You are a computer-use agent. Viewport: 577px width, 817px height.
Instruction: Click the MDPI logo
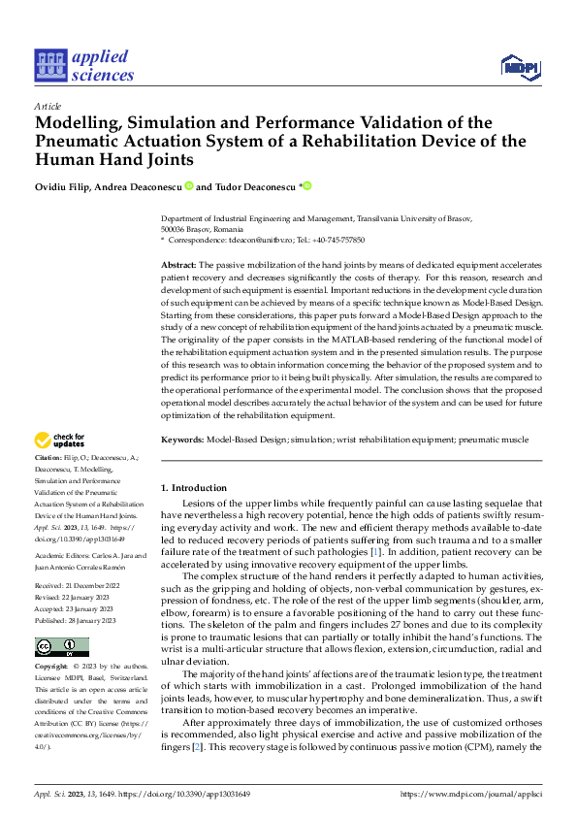[x=520, y=66]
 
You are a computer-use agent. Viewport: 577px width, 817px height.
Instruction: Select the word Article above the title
[x=48, y=106]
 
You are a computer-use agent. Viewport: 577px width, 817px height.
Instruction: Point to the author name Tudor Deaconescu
[x=241, y=187]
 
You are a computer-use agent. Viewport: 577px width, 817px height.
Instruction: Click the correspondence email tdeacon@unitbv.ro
[x=255, y=239]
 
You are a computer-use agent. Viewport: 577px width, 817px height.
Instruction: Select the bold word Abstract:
[x=178, y=265]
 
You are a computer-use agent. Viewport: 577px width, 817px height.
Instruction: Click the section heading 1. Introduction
[x=193, y=487]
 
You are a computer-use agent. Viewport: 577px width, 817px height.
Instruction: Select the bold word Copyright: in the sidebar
[x=51, y=667]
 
